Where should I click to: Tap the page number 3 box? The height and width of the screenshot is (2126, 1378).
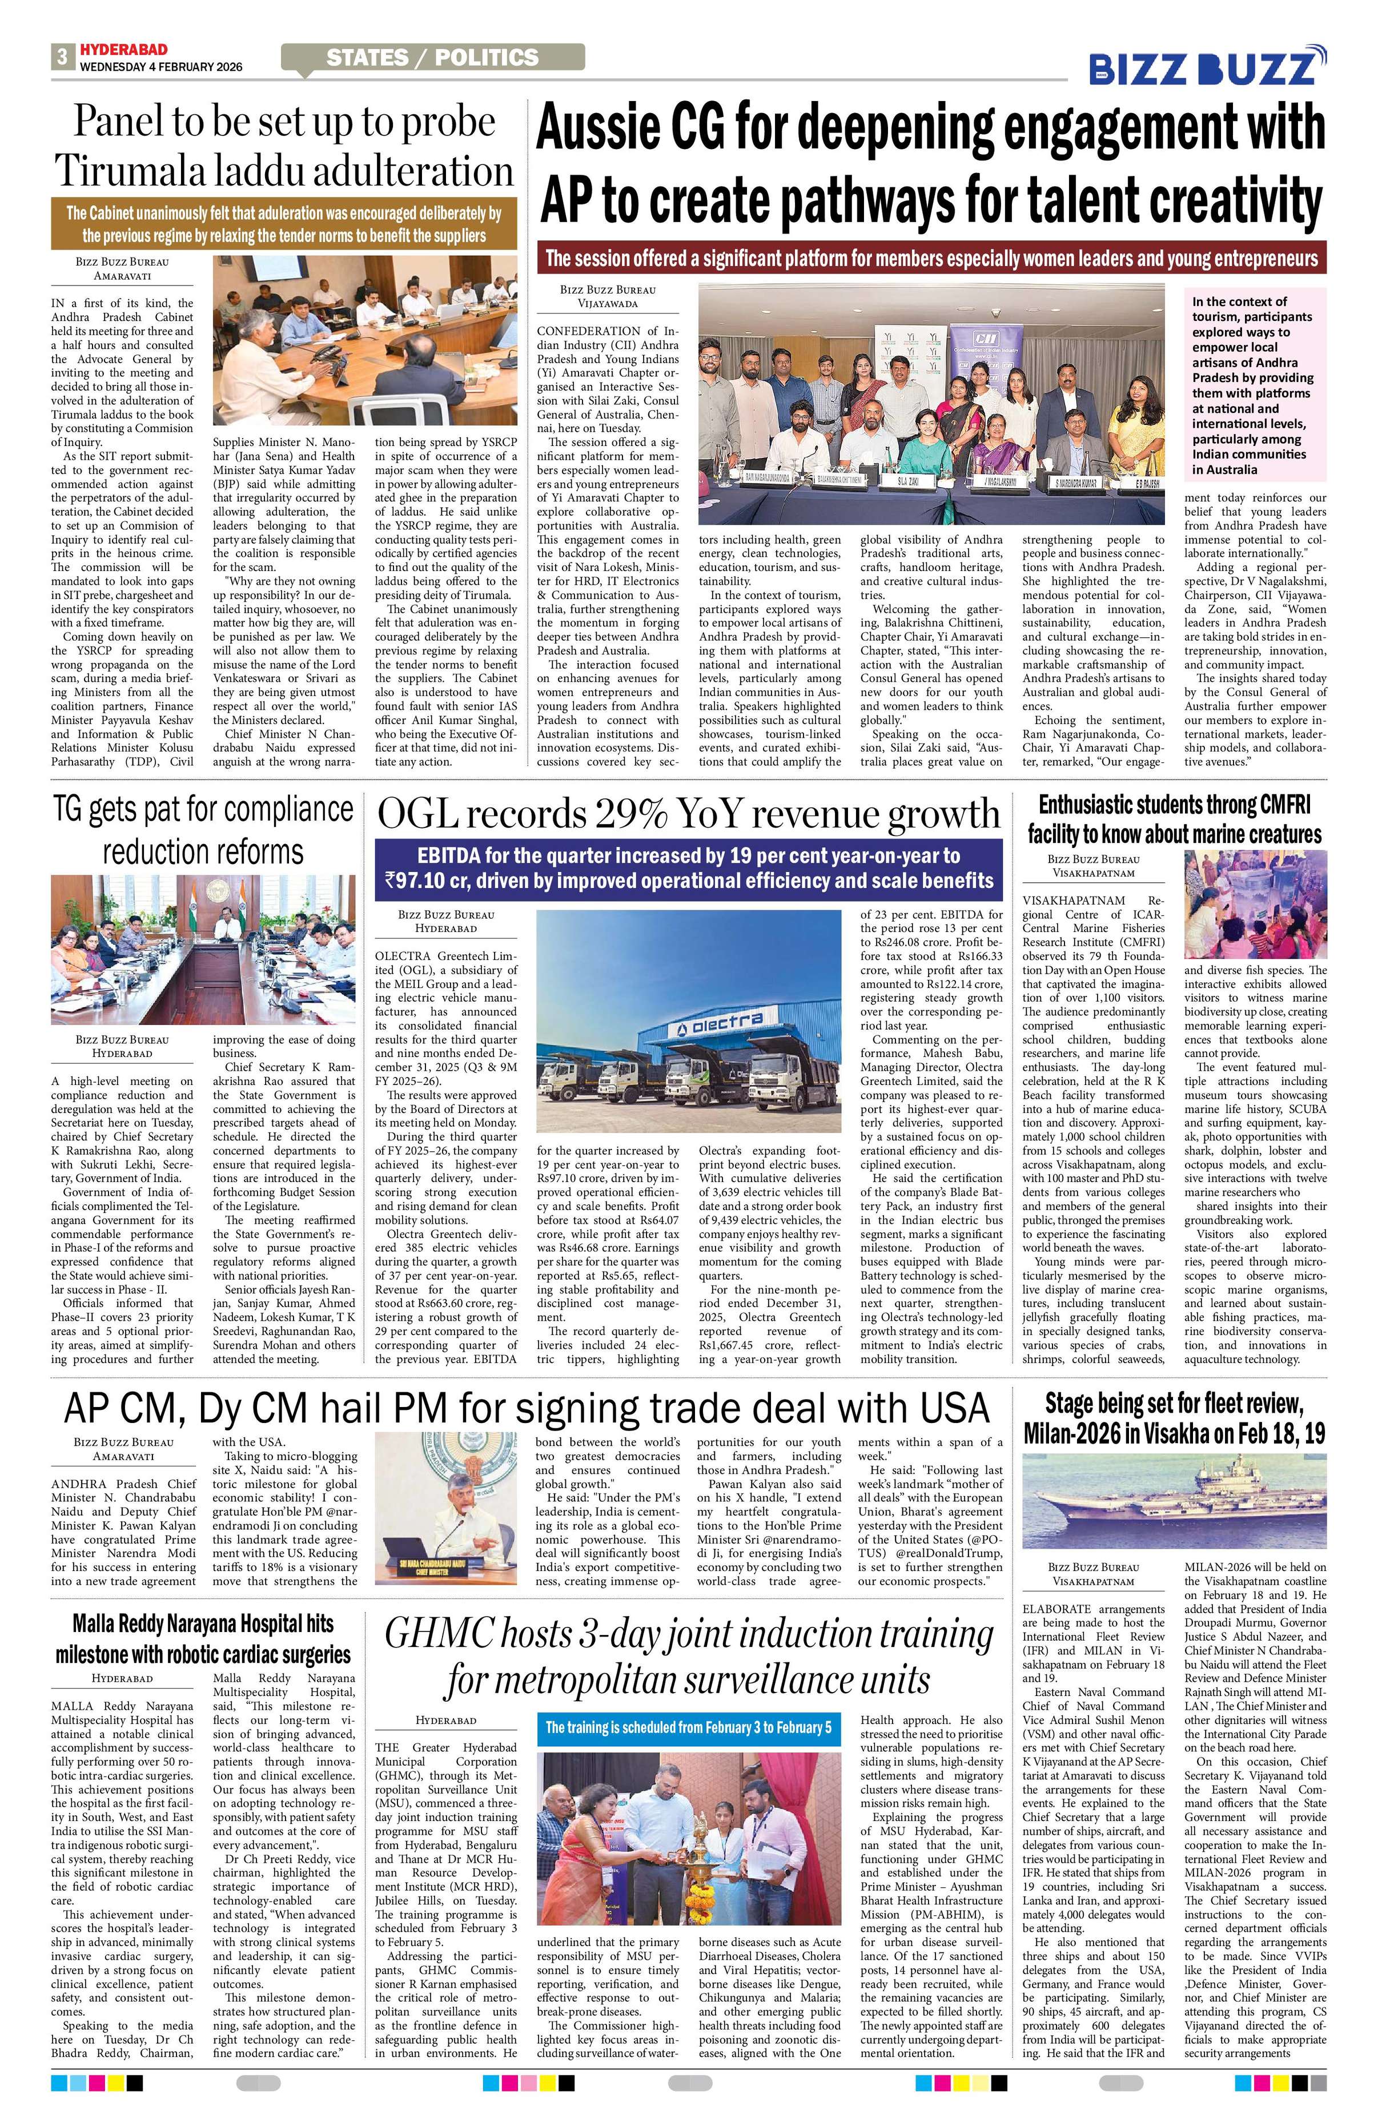[62, 57]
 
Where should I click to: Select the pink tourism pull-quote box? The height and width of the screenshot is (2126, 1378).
[1255, 385]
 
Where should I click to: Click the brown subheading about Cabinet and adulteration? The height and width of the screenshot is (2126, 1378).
[284, 224]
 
